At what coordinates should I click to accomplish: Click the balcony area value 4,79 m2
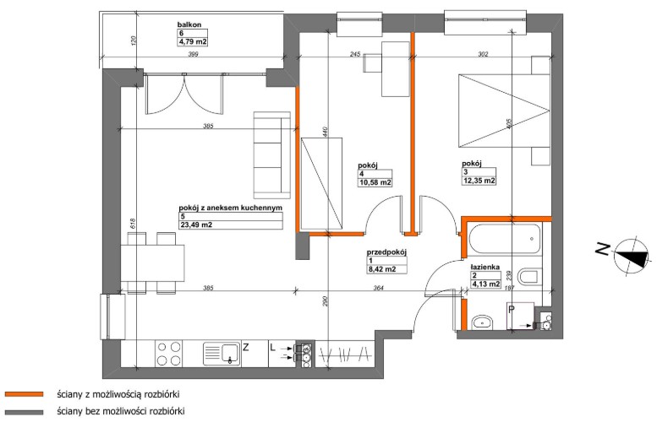193,42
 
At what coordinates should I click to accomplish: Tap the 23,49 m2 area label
195,225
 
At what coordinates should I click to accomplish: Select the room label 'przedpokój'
386,252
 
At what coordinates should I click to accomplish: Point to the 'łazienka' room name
485,267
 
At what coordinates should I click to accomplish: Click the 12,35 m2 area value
479,181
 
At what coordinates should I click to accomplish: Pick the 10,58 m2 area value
375,182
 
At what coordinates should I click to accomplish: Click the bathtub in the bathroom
505,239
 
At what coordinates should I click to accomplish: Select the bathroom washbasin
482,322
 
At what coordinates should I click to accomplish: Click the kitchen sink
222,354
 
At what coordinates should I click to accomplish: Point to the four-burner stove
168,354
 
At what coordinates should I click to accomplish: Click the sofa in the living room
272,154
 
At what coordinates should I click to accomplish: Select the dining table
152,263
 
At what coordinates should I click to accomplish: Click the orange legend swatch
24,394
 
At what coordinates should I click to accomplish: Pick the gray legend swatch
24,412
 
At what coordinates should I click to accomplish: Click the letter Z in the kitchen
246,347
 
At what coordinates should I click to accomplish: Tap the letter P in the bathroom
512,310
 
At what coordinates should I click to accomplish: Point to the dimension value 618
133,224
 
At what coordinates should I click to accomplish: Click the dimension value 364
378,288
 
